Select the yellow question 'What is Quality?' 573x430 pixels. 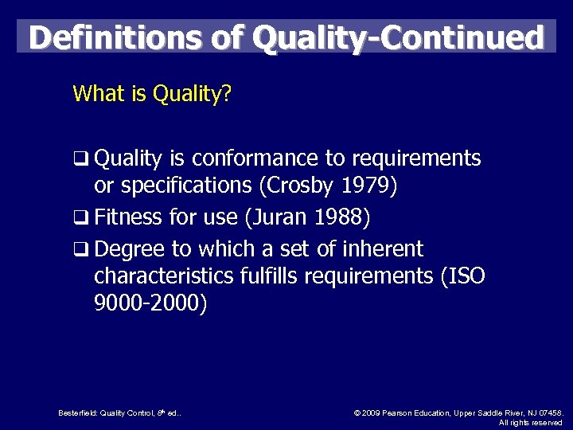pos(152,94)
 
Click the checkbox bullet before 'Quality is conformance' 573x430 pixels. pos(80,159)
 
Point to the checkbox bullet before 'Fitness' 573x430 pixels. pos(80,217)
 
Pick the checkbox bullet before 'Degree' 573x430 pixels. pos(80,250)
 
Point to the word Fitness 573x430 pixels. pos(128,217)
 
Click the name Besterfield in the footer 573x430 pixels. pos(79,412)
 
